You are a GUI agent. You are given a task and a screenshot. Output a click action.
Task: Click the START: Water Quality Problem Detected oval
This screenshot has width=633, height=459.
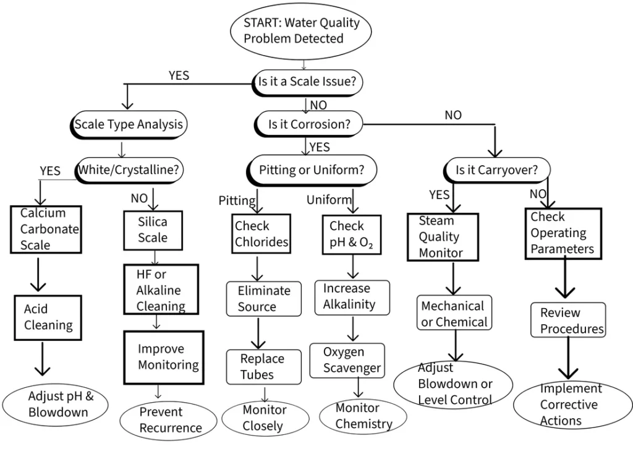tap(302, 31)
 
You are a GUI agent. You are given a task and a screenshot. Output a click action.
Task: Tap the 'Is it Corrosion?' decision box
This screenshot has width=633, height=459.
tap(309, 124)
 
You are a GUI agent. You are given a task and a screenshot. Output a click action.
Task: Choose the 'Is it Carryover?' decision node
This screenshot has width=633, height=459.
tap(496, 169)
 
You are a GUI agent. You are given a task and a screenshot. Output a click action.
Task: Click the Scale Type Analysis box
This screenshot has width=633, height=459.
tap(129, 124)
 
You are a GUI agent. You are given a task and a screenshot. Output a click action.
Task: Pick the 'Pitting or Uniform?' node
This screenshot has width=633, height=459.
tap(312, 169)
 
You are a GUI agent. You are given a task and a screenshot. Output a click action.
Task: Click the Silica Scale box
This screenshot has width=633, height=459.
tap(152, 229)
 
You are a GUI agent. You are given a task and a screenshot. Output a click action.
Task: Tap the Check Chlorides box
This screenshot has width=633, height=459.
tap(261, 234)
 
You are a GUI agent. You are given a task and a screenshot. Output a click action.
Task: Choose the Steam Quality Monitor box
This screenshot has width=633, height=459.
tap(443, 236)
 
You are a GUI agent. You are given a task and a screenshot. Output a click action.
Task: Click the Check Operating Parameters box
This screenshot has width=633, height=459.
tap(563, 233)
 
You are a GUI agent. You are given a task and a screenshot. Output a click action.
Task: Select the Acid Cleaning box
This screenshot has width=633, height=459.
tap(48, 317)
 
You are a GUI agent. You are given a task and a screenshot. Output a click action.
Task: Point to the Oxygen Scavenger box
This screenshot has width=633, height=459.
tap(352, 360)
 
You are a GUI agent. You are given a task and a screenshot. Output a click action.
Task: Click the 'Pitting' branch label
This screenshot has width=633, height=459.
tap(237, 200)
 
